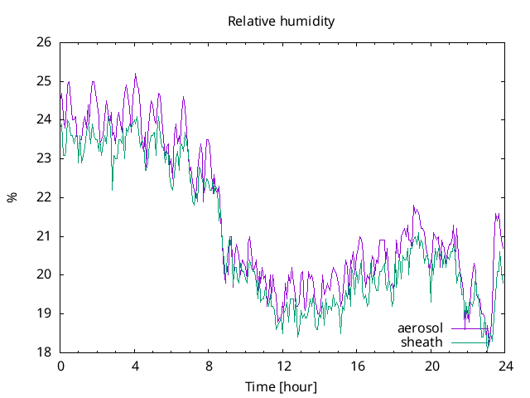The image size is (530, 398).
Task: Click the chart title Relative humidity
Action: [282, 22]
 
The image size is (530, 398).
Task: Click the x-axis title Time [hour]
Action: [282, 387]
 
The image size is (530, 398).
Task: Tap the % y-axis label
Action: [12, 197]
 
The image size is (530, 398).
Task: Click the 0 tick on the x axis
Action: [60, 366]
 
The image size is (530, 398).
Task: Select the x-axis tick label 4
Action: [135, 366]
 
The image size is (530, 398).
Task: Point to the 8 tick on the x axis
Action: [209, 366]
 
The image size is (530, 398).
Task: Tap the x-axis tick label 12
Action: [283, 366]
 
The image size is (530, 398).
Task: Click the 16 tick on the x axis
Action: [357, 366]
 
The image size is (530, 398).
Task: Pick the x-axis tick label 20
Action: [431, 366]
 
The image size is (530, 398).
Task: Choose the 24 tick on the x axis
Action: [505, 366]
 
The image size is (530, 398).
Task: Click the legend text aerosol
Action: [421, 328]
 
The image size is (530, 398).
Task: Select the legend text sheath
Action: [422, 342]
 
